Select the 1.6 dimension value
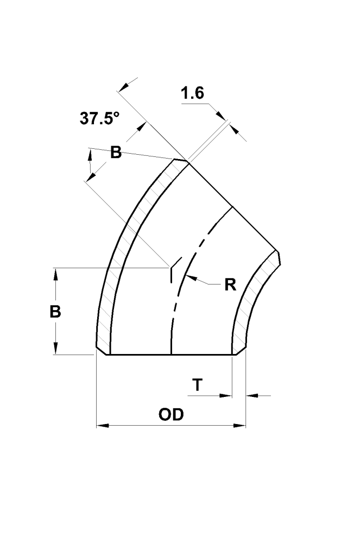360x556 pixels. click(x=192, y=93)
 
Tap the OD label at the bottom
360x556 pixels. click(x=171, y=415)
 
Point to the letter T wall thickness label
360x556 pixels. click(x=198, y=385)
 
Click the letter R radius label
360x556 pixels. click(x=230, y=285)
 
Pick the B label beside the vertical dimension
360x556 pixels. click(x=55, y=312)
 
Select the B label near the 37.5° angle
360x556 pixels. click(x=116, y=153)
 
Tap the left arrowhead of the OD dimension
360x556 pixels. click(x=101, y=426)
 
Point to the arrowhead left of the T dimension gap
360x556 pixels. click(x=227, y=396)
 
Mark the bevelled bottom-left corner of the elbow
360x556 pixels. click(x=103, y=351)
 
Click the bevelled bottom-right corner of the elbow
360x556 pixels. click(x=239, y=351)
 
